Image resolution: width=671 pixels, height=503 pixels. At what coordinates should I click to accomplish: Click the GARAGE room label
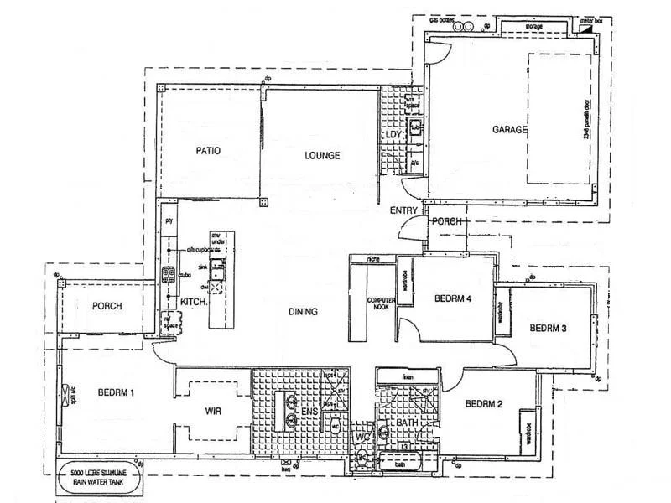(x=509, y=130)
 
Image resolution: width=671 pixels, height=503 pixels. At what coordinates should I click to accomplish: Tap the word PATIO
(x=208, y=152)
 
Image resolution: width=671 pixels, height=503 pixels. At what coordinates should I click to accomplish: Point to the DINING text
(x=303, y=313)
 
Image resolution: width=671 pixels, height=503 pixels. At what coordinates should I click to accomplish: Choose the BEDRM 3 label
(x=549, y=328)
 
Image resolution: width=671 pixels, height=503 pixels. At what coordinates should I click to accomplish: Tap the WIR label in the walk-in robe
(x=212, y=412)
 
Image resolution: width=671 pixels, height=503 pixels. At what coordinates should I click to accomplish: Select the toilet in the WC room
(x=362, y=458)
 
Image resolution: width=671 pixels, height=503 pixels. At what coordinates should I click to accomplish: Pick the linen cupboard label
(x=408, y=377)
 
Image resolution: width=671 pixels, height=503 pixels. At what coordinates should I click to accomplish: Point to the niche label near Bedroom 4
(x=372, y=260)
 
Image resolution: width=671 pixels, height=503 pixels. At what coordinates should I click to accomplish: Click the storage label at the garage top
(x=534, y=27)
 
